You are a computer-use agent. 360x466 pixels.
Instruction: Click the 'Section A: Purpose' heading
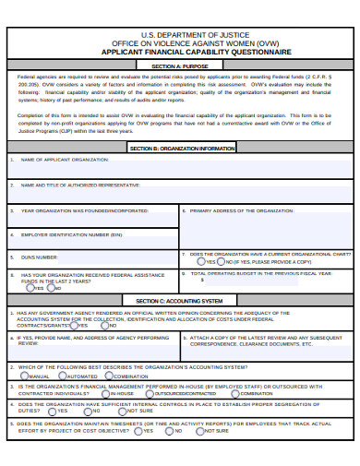[179, 66]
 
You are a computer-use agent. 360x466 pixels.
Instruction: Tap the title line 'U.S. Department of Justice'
[179, 32]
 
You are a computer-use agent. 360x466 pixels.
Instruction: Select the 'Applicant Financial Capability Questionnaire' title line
[179, 52]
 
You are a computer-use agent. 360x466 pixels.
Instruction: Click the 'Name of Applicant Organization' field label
[59, 160]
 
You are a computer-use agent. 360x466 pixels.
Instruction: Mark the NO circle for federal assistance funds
[50, 288]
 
